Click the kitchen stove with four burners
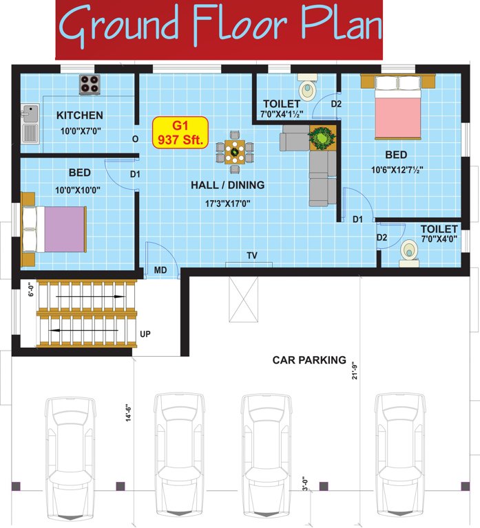(x=89, y=84)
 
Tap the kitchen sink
(x=29, y=124)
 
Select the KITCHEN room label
(x=80, y=115)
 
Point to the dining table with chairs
(x=235, y=151)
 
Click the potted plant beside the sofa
(x=321, y=137)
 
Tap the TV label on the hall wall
(x=252, y=256)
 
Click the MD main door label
(x=160, y=270)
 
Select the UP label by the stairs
(x=145, y=334)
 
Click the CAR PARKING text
(x=309, y=360)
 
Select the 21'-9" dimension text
(x=355, y=367)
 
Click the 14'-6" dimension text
(x=129, y=417)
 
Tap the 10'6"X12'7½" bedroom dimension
(x=397, y=169)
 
